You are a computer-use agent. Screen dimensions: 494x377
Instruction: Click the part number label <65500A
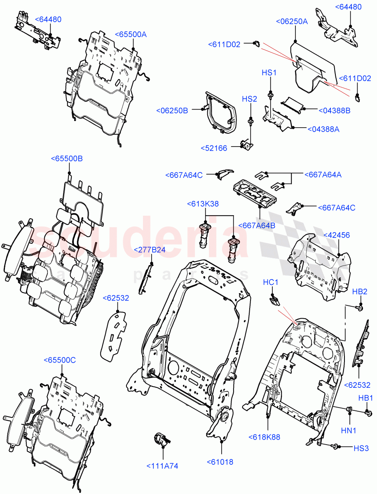click(130, 35)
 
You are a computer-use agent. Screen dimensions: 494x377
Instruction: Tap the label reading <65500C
click(60, 360)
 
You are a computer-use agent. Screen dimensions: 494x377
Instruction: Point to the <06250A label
click(292, 22)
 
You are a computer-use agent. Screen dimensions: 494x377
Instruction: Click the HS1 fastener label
click(269, 72)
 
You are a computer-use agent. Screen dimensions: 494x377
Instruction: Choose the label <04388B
click(334, 110)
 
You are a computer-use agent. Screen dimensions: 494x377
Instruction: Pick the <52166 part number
click(214, 148)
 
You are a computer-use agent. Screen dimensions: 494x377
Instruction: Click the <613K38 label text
click(203, 204)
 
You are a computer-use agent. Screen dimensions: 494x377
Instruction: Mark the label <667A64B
click(259, 226)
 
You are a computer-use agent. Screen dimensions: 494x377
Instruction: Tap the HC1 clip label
click(271, 282)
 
